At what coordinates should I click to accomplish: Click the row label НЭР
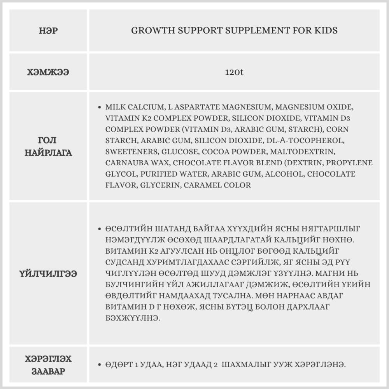click(x=49, y=30)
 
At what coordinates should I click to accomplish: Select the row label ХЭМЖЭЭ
click(x=49, y=72)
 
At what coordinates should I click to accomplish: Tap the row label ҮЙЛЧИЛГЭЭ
click(x=49, y=273)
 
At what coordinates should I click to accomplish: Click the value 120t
click(x=234, y=72)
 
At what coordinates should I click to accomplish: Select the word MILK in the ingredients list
click(x=114, y=107)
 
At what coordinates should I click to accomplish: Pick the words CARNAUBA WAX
click(x=136, y=162)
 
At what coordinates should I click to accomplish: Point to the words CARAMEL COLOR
click(x=217, y=185)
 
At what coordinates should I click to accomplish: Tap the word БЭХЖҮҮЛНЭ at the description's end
click(x=132, y=318)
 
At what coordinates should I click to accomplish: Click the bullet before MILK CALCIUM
click(x=101, y=107)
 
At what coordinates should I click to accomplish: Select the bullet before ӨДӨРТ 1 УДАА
click(x=101, y=365)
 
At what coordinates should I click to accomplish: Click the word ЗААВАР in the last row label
click(x=49, y=371)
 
